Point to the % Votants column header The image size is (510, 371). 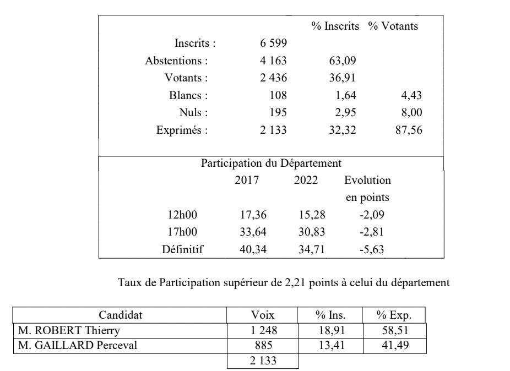pos(393,26)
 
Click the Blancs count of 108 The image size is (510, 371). pos(278,95)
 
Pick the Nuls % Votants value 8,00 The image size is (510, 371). pos(411,113)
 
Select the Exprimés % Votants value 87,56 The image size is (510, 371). pos(408,130)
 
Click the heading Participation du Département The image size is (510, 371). pos(272,163)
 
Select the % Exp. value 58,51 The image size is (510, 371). pos(394,330)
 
